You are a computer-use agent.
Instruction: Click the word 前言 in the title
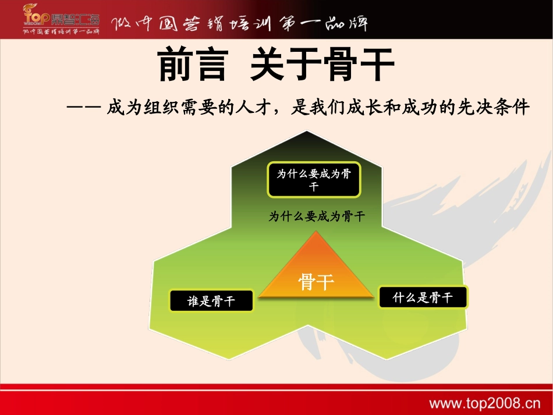pos(192,65)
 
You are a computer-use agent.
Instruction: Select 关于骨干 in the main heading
pos(322,65)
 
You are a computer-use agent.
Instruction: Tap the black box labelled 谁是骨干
pos(211,301)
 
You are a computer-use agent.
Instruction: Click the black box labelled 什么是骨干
pos(423,298)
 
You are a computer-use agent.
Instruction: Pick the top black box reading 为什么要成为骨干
pos(314,180)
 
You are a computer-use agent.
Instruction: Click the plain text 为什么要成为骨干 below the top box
pos(317,217)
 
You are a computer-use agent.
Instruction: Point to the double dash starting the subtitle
pos(84,108)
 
